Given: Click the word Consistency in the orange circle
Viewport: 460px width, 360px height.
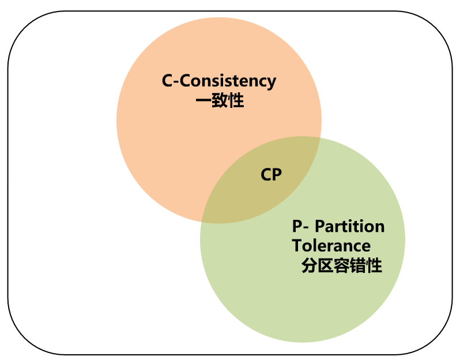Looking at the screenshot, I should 228,81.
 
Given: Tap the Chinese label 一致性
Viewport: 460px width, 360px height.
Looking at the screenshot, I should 220,101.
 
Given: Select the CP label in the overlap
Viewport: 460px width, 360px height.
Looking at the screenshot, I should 271,175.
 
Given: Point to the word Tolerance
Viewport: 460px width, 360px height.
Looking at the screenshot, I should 331,245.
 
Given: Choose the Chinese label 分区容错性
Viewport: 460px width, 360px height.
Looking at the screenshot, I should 341,266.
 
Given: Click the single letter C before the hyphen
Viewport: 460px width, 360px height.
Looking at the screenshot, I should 168,81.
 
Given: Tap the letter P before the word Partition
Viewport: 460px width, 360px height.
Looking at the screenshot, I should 297,226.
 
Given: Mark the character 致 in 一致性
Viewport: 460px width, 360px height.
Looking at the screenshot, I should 220,101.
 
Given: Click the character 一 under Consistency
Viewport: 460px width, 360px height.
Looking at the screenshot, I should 203,101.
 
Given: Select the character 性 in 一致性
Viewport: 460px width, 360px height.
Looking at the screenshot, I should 236,101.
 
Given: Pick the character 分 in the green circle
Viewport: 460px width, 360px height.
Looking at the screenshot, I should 310,266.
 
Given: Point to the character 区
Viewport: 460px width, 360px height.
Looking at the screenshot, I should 326,266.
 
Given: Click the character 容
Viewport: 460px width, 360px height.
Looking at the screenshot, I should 342,266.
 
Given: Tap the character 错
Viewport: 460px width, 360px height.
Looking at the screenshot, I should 358,266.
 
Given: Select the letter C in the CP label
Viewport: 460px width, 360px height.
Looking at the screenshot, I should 266,175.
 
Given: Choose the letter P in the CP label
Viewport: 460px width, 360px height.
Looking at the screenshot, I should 277,175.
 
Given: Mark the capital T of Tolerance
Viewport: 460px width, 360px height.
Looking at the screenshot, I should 296,245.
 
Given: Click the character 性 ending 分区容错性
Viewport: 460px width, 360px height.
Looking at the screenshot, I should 374,266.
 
